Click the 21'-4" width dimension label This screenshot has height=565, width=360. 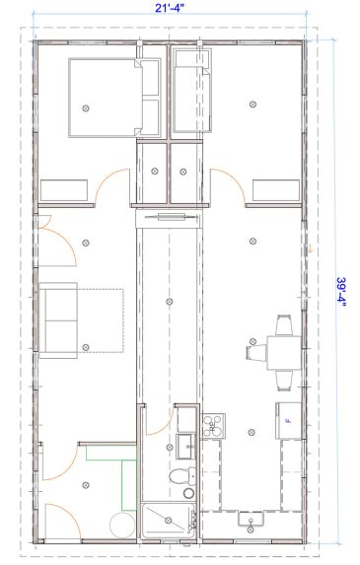[170, 8]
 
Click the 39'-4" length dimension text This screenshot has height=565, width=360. [341, 292]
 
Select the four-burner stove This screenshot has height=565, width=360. [213, 426]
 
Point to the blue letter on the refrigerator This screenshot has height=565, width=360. [288, 420]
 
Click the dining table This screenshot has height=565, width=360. [284, 353]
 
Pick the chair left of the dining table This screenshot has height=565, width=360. [256, 352]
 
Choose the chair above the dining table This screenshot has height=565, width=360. [284, 325]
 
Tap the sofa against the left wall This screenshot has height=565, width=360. [58, 320]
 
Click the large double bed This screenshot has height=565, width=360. [114, 98]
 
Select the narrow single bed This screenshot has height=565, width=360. [192, 91]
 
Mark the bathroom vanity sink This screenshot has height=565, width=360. [185, 447]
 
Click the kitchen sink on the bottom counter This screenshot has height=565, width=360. [251, 519]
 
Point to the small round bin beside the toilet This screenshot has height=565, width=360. [188, 493]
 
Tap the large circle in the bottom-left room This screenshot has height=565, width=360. [121, 526]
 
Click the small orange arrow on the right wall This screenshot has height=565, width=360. [309, 247]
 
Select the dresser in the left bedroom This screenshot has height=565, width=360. [64, 190]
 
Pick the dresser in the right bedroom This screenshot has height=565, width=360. [276, 190]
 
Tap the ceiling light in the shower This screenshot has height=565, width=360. [168, 520]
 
